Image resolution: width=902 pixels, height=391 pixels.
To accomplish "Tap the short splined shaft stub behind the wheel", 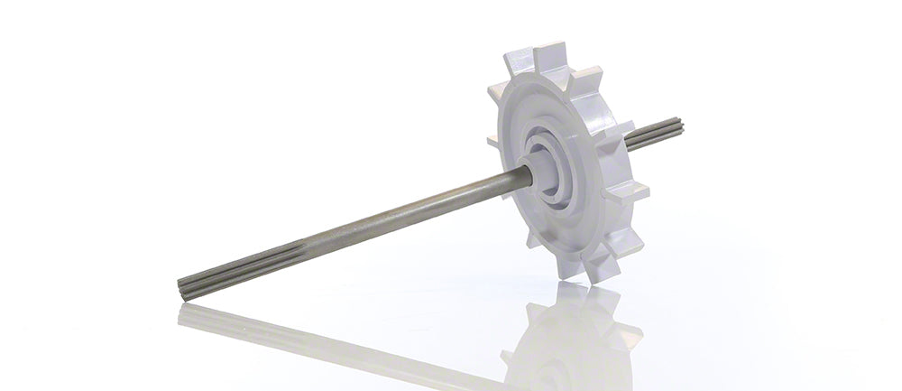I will tap(655, 135).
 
